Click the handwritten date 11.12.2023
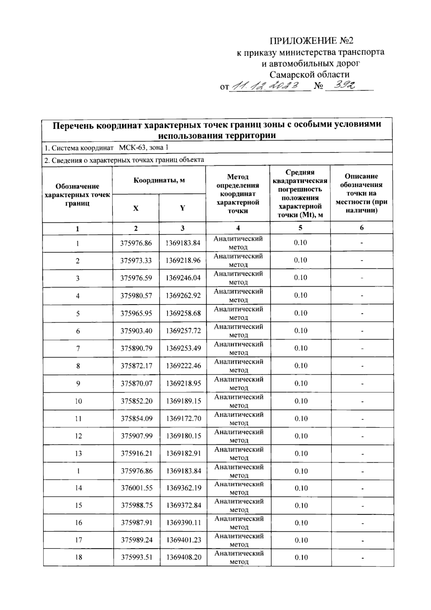266,86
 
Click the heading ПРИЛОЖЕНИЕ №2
311,40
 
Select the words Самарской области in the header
309,74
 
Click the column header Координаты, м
159,180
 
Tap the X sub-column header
136,208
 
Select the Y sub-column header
182,208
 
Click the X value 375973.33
136,260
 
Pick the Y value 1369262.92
183,296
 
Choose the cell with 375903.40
136,331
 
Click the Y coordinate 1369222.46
183,366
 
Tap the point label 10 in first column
78,401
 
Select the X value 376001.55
136,488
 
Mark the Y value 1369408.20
184,557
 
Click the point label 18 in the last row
78,557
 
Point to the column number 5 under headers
300,228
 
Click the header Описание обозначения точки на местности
361,193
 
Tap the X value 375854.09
136,419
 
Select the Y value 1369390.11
184,523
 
